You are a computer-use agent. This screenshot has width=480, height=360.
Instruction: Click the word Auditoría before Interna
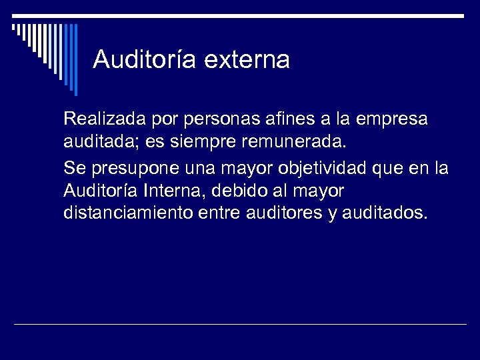(x=100, y=191)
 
